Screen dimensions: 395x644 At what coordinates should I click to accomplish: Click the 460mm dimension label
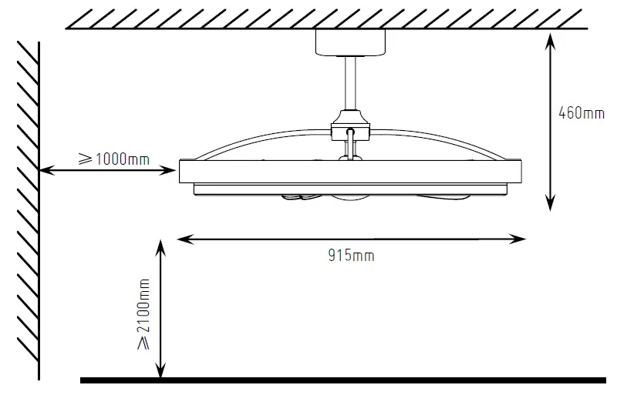click(x=582, y=113)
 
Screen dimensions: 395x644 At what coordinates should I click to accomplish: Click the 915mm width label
click(x=351, y=256)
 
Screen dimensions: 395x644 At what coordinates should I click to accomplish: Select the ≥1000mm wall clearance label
click(x=114, y=159)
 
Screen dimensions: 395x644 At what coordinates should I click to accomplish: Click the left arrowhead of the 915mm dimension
click(x=183, y=239)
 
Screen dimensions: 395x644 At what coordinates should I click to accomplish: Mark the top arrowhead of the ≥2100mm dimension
click(x=160, y=246)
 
